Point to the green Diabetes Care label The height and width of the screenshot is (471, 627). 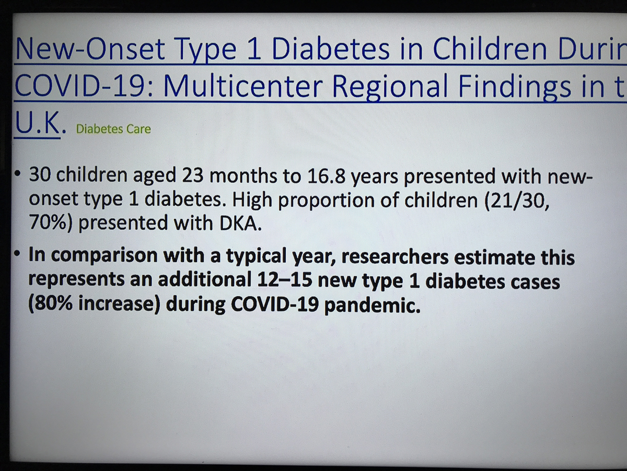pos(113,129)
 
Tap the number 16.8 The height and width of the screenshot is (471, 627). pos(326,176)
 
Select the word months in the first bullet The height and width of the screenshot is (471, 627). pos(243,175)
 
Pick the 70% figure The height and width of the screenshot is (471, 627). pos(51,223)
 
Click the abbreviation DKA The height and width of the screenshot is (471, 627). pos(240,223)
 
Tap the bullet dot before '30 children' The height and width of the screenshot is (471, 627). pos(17,173)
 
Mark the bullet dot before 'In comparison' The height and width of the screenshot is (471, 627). pos(17,253)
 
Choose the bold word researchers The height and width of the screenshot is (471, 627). pos(395,256)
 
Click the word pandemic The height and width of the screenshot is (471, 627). pos(373,305)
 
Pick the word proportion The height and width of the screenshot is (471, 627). pos(326,201)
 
